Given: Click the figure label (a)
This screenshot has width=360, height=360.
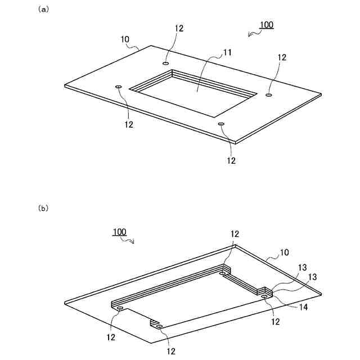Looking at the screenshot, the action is point(43,10).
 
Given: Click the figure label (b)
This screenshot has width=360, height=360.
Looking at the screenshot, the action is point(43,208).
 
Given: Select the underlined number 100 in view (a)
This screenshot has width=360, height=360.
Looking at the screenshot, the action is point(266,25).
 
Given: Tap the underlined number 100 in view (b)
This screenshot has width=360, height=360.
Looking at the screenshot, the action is point(119,232).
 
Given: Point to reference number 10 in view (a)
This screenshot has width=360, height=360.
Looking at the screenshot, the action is point(124,39).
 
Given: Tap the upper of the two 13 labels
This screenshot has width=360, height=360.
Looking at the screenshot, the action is point(303,268).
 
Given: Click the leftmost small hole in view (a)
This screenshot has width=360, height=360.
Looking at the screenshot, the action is point(118,87).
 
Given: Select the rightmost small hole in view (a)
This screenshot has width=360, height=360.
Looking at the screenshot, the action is point(269,96).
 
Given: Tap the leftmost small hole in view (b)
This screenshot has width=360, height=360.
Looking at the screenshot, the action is point(119,308).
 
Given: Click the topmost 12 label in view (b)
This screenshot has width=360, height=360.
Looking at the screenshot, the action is point(235,233).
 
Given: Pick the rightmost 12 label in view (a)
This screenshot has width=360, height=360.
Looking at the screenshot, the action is point(282,57).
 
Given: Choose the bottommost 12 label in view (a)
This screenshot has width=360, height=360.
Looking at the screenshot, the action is point(231,160).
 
